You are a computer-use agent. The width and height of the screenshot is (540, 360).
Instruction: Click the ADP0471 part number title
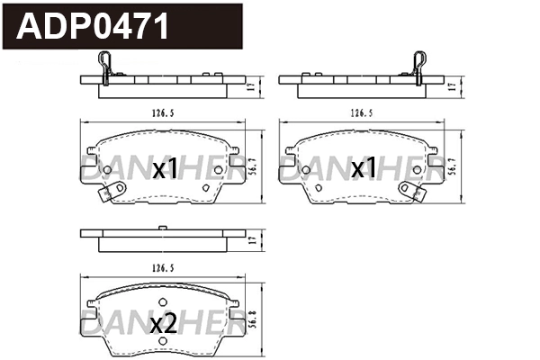[x=94, y=27]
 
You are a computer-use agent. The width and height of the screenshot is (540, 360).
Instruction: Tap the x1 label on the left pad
[x=166, y=169]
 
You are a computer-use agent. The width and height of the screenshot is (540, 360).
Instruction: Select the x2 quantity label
[x=163, y=325]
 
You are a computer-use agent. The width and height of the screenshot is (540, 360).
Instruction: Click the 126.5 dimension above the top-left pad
[x=163, y=113]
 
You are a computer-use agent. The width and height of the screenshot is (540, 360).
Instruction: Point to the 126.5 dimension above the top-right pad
[x=362, y=113]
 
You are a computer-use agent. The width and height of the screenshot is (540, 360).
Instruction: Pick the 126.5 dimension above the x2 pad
[x=163, y=268]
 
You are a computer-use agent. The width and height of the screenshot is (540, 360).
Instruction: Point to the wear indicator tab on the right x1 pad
[x=411, y=192]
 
